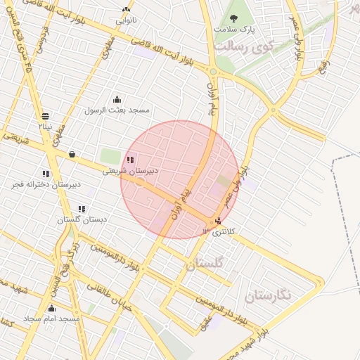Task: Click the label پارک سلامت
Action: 234,30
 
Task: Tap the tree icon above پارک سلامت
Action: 234,19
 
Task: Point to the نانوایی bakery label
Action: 127,20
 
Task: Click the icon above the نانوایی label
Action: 126,10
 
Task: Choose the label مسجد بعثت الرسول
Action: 117,110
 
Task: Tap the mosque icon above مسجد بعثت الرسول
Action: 117,100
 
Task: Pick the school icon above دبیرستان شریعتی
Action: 131,160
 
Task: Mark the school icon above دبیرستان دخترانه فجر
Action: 46,174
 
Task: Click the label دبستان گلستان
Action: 82,219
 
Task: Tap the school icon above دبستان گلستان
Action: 82,209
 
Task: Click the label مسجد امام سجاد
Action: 51,319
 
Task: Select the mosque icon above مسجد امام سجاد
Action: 51,308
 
